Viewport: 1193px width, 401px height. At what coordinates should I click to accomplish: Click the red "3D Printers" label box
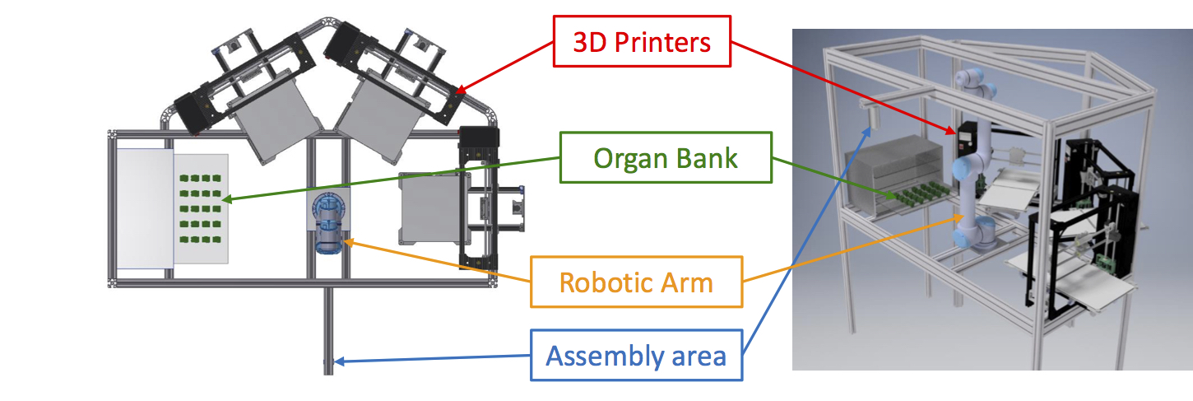pos(642,41)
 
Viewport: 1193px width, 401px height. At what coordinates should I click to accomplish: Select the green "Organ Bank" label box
pos(666,157)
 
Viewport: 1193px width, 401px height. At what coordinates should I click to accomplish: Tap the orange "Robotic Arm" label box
pos(636,282)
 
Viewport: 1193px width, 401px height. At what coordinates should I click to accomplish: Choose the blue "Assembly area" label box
pos(636,356)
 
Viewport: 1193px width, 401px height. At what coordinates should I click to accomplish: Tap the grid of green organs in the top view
pos(198,209)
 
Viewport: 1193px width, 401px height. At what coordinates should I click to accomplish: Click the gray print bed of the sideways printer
pos(425,210)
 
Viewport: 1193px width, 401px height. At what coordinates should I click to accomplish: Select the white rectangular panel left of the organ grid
pos(144,209)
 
